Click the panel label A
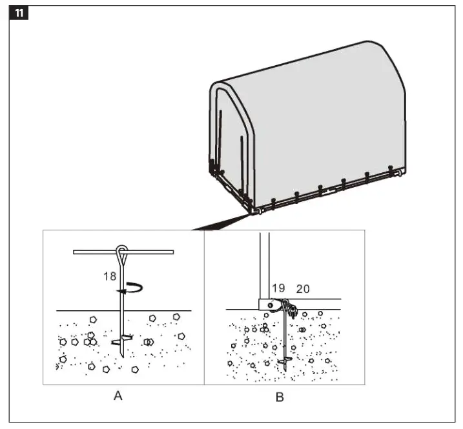click(118, 396)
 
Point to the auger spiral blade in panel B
click(283, 360)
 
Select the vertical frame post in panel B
click(264, 264)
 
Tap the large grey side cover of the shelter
click(329, 123)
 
